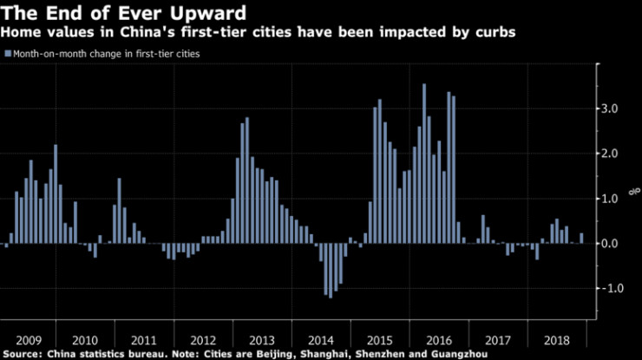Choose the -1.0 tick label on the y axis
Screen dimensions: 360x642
(612, 289)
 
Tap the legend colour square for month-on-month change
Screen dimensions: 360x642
(9, 54)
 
